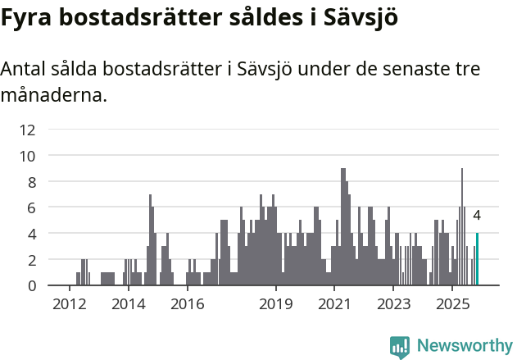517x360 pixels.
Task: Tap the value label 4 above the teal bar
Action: [477, 216]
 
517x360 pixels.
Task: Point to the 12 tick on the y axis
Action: [27, 129]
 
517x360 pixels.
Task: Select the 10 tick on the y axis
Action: [27, 155]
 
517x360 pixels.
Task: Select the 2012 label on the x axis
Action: [69, 304]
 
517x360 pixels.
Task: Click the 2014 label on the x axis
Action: [128, 304]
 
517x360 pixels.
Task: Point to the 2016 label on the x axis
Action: [188, 304]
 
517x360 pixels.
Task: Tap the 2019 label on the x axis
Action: [276, 304]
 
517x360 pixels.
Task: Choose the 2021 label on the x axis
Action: [334, 304]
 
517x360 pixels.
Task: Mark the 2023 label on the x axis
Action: [393, 304]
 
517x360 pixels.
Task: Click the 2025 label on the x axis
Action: [452, 304]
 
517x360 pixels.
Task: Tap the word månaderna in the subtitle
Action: [53, 95]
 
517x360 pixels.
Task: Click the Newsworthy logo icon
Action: [400, 346]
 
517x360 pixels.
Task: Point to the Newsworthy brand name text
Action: [464, 346]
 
